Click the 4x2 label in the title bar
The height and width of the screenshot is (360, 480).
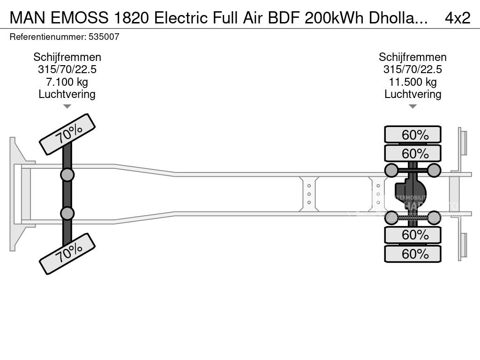(457, 17)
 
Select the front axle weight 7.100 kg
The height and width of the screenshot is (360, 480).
(67, 82)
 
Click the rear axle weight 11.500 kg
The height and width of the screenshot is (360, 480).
(412, 82)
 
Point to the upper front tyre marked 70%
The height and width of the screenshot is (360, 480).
(67, 134)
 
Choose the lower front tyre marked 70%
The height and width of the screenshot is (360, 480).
(67, 254)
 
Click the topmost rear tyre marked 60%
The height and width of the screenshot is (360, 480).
(412, 135)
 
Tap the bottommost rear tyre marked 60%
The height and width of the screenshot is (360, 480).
(412, 254)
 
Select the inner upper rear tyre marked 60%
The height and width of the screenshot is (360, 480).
(412, 153)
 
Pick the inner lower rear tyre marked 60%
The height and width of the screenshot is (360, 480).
(412, 234)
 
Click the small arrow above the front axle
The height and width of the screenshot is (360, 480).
(67, 106)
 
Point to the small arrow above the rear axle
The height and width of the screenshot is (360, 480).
(412, 106)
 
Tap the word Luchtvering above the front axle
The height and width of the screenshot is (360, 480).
(67, 94)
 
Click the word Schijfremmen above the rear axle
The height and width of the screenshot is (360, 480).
(412, 57)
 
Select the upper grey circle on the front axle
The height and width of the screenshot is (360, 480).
(67, 175)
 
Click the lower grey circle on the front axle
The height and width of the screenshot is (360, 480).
(67, 213)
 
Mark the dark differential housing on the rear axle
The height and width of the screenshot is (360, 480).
(412, 193)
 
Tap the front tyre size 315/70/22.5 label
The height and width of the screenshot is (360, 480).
(67, 70)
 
